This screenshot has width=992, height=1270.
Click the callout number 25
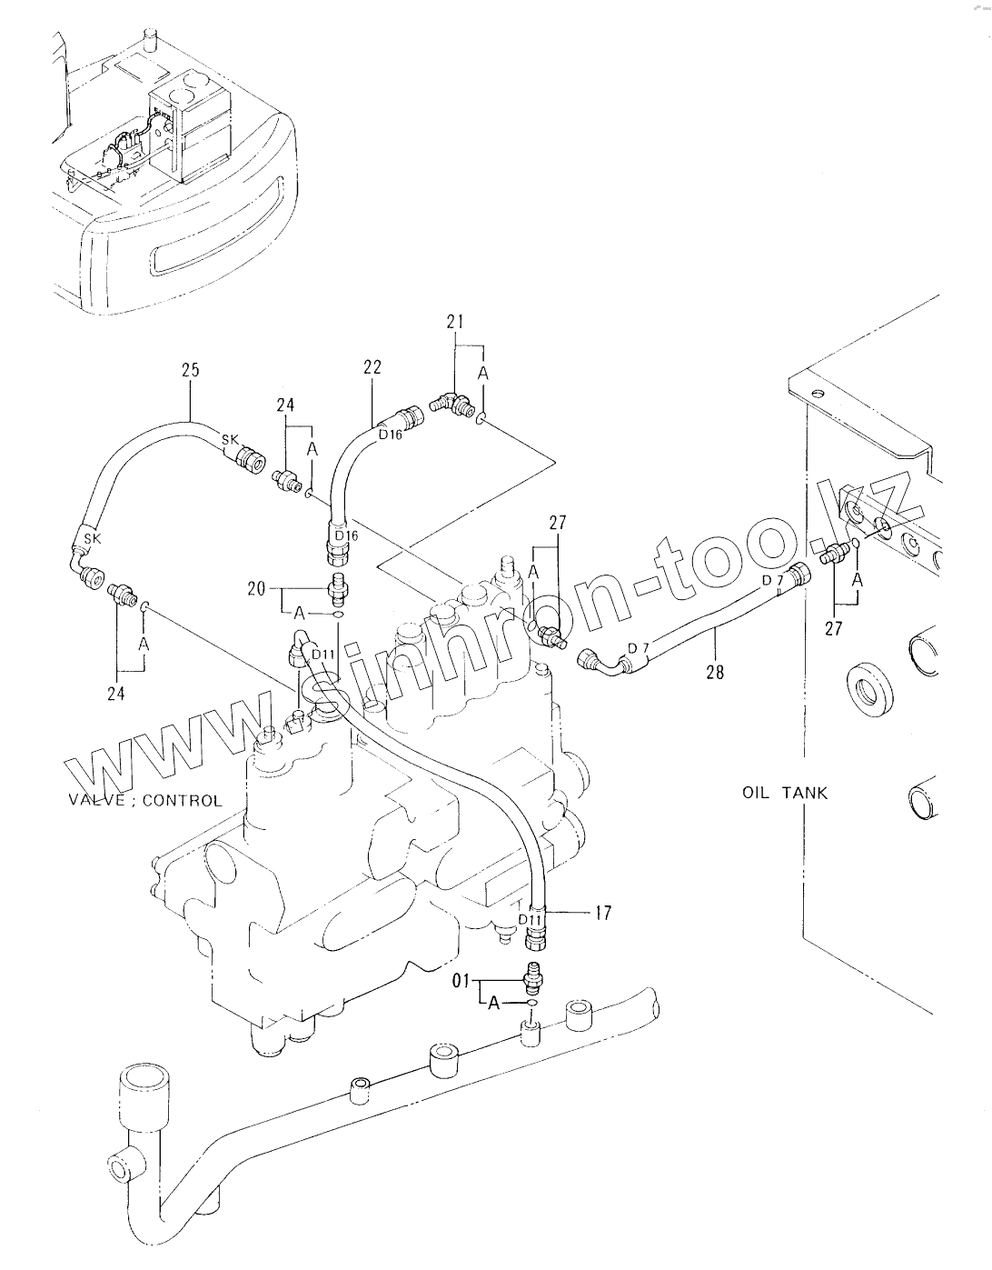pyautogui.click(x=191, y=370)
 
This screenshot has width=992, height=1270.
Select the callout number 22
pyautogui.click(x=372, y=367)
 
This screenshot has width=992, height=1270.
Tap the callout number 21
pyautogui.click(x=455, y=322)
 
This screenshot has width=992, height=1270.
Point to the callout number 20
pyautogui.click(x=256, y=589)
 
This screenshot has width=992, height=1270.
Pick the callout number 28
pyautogui.click(x=715, y=673)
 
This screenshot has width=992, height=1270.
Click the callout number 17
pyautogui.click(x=603, y=913)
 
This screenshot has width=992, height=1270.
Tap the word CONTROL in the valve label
pyautogui.click(x=183, y=800)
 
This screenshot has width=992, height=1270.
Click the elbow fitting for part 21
pyautogui.click(x=451, y=404)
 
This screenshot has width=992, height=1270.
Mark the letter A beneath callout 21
pyautogui.click(x=483, y=374)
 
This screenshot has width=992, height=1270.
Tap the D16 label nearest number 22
pyautogui.click(x=391, y=435)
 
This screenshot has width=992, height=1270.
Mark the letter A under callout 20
pyautogui.click(x=299, y=613)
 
